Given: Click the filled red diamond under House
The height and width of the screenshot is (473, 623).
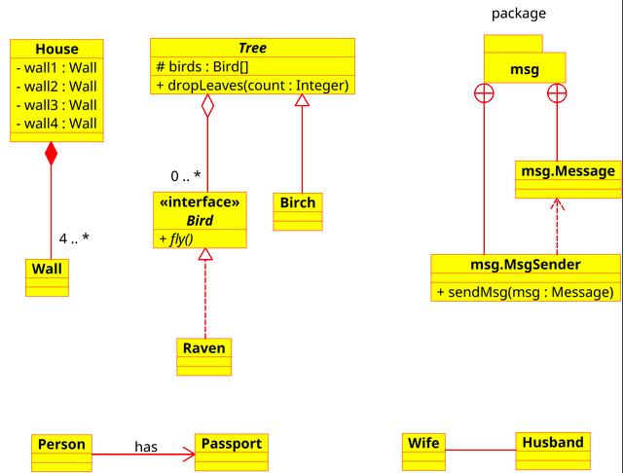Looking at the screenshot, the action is pos(51,154).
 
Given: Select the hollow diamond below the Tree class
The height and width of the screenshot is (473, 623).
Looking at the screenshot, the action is pos(207,106).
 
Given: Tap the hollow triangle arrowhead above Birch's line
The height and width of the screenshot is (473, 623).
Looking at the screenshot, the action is pos(302,100).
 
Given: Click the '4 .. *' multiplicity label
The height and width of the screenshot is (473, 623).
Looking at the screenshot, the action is pos(74,238).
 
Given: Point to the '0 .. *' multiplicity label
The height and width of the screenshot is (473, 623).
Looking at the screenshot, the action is pos(186,176).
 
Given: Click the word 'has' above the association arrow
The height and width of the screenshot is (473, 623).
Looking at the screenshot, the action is pos(146,447).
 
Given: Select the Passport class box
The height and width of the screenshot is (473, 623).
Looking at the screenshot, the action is pos(232,453).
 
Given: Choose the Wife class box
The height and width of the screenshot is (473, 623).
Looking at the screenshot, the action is pos(423,452).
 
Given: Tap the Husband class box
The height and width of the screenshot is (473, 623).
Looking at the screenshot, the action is pos(553,452).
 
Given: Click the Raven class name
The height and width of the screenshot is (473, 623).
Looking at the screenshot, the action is pos(204,347).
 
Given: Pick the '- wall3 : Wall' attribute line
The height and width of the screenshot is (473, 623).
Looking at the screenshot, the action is pos(56,105).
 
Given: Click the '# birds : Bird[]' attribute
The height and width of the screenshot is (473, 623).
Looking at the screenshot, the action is pos(202,66).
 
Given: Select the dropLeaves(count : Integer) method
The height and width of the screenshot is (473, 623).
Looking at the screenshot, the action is pos(252,86).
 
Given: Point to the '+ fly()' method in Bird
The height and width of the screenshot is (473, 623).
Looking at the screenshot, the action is pos(176,238).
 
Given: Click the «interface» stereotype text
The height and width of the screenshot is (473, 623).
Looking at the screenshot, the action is pos(200,202).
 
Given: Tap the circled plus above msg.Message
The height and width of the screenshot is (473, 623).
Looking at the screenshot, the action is pos(557,93).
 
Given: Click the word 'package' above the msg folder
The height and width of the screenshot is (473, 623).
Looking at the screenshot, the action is pos(519,14).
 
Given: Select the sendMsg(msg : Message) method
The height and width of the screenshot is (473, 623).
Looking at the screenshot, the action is pos(526,292).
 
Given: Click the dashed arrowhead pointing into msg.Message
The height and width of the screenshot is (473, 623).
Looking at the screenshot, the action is pos(557,204).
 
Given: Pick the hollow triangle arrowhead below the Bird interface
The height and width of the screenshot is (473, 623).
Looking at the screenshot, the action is pos(205,254).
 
